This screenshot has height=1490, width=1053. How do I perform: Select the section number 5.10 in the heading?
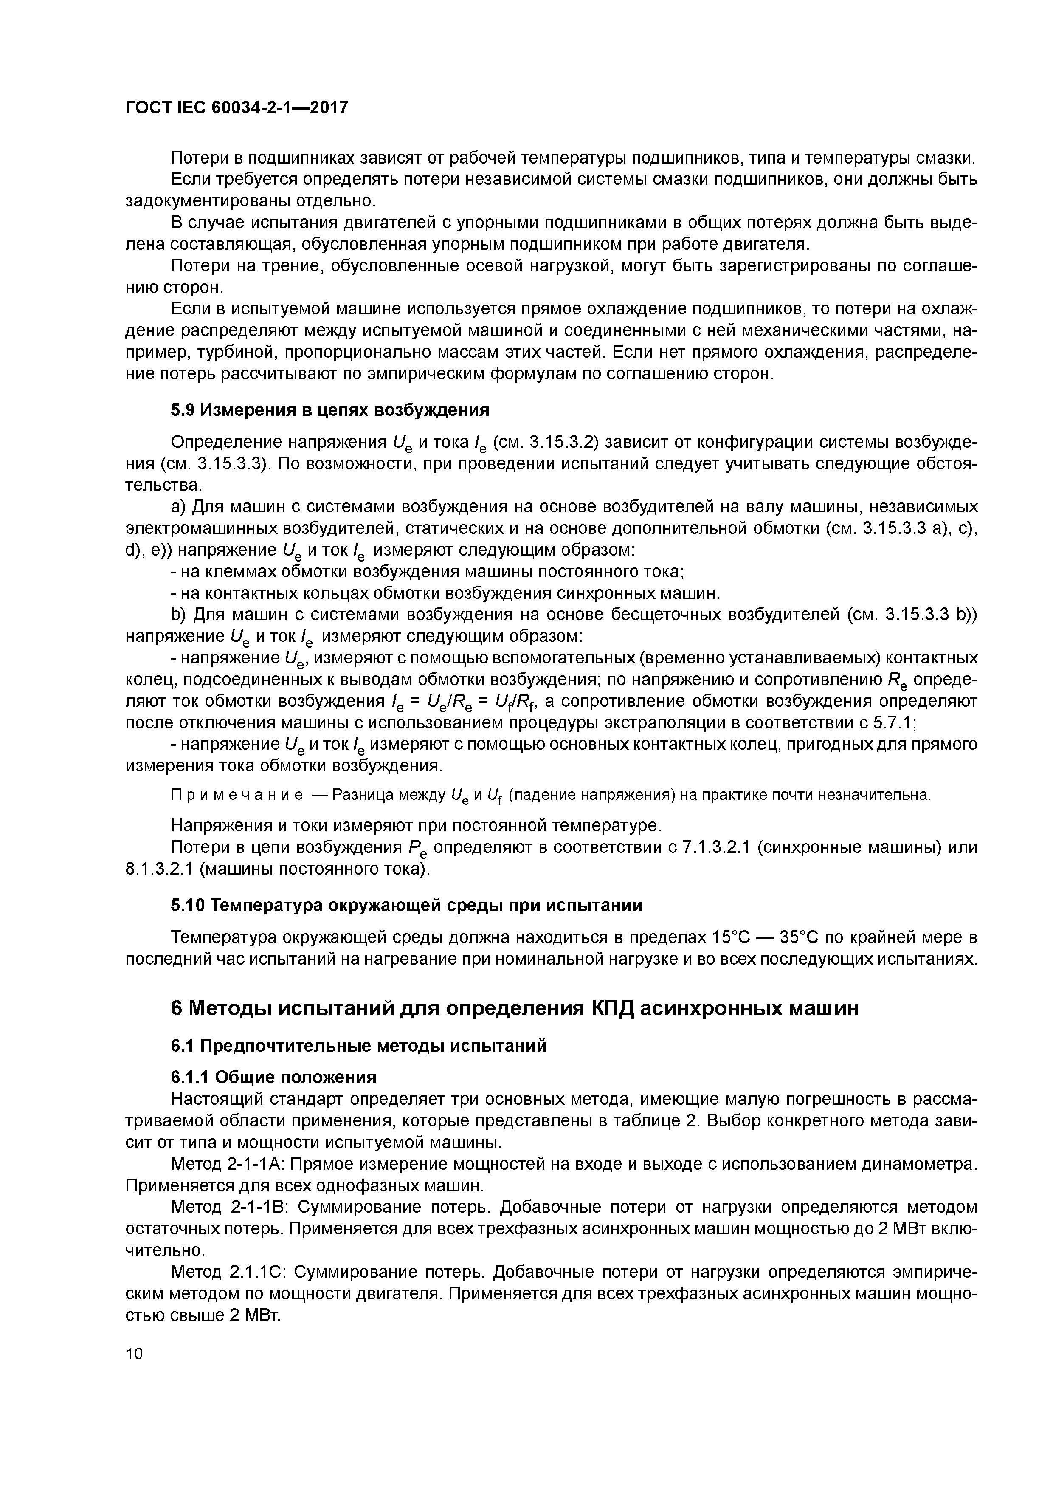(187, 905)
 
